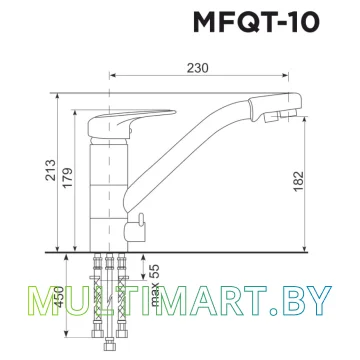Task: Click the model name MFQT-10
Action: click(x=256, y=23)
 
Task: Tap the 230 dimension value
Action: click(x=197, y=68)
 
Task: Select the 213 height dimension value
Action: click(x=51, y=170)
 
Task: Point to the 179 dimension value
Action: click(x=67, y=177)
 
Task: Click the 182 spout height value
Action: click(x=299, y=181)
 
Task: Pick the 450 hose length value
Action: click(x=59, y=297)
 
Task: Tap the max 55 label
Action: click(x=155, y=285)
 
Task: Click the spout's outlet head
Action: click(x=276, y=106)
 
